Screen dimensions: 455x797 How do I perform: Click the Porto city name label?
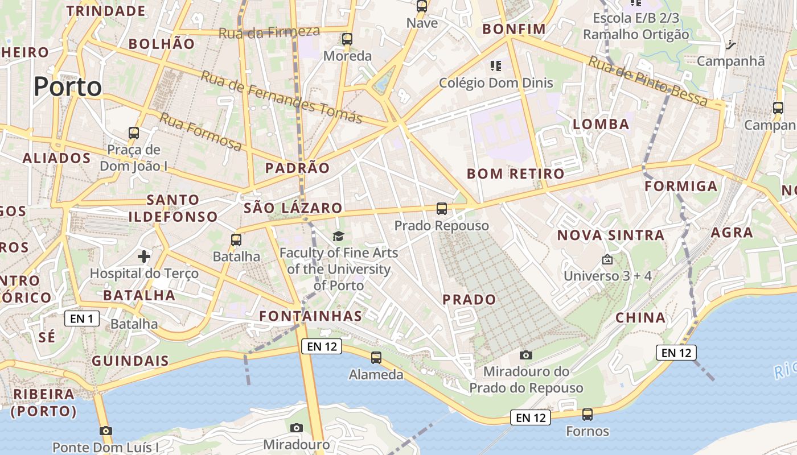click(x=67, y=87)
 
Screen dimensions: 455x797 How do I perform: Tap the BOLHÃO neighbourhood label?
click(x=162, y=44)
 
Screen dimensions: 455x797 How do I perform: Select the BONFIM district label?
click(x=513, y=29)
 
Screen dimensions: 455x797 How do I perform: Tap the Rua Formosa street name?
click(x=200, y=131)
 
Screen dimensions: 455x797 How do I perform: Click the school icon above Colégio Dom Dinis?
click(x=496, y=66)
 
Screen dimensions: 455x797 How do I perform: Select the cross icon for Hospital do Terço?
click(x=144, y=257)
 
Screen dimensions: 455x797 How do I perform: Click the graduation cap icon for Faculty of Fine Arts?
click(x=339, y=236)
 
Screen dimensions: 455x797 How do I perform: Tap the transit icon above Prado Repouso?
click(x=442, y=209)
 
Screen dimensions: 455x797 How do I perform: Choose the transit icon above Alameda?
click(x=376, y=358)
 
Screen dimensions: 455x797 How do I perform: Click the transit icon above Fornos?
click(x=588, y=414)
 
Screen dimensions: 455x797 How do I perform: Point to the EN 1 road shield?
click(x=82, y=318)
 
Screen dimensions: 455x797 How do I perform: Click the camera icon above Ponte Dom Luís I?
click(x=105, y=431)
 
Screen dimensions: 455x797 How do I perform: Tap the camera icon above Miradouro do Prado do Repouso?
click(x=526, y=355)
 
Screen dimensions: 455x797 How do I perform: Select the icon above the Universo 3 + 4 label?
click(x=607, y=259)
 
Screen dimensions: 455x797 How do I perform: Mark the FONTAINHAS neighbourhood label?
click(x=310, y=316)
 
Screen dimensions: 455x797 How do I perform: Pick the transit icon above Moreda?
click(x=347, y=39)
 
